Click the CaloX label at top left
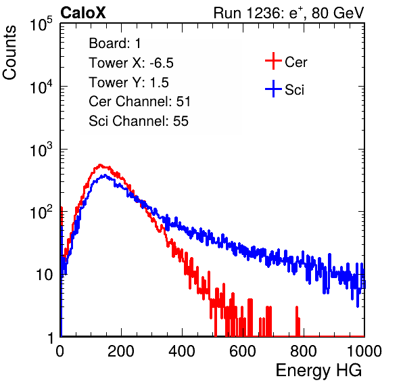83,13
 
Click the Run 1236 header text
289,13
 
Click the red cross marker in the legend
273,61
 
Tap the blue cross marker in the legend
273,89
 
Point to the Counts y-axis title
9,53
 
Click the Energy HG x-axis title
318,371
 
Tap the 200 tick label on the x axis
121,351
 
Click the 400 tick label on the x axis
182,351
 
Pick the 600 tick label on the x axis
243,351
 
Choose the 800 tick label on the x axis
304,351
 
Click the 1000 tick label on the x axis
364,351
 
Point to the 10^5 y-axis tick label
41,24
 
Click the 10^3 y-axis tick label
41,150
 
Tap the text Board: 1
115,43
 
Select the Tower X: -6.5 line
131,63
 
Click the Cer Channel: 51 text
139,101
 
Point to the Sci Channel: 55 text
139,121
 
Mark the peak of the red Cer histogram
100,165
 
